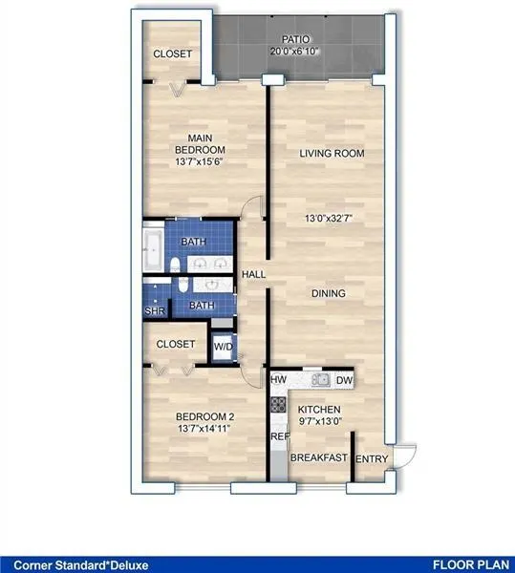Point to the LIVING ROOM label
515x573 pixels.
pyautogui.click(x=332, y=153)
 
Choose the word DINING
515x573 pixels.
pyautogui.click(x=328, y=293)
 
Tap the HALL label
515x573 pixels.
pyautogui.click(x=253, y=275)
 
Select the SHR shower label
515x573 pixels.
pyautogui.click(x=153, y=310)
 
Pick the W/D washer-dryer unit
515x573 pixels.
pyautogui.click(x=224, y=346)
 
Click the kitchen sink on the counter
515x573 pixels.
pyautogui.click(x=320, y=380)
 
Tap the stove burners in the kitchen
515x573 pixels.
pyautogui.click(x=279, y=411)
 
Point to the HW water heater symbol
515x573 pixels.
pyautogui.click(x=279, y=380)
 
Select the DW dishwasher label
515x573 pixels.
pyautogui.click(x=344, y=380)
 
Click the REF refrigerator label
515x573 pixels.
pyautogui.click(x=279, y=437)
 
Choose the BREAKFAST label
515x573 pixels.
pyautogui.click(x=318, y=458)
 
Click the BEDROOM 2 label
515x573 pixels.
pyautogui.click(x=205, y=417)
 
